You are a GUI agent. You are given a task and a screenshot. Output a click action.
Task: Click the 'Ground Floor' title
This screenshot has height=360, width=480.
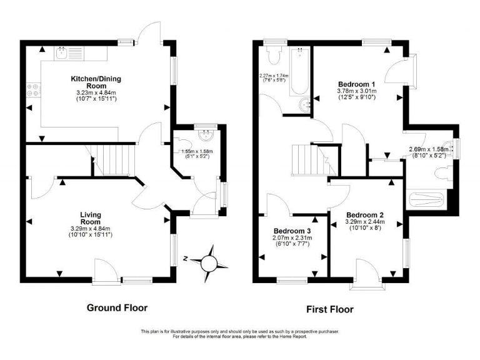pos(117,307)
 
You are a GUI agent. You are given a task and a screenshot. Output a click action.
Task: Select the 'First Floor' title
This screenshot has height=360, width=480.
pos(329,309)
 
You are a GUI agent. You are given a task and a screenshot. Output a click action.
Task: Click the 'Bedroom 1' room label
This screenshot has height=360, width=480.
pos(356,84)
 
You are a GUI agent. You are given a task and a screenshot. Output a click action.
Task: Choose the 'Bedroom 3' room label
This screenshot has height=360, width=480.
pos(292,231)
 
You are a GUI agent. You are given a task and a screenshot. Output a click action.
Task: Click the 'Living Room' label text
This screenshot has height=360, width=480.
pos(91,218)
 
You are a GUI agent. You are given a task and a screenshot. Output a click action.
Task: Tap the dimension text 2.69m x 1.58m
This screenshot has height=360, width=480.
pos(428,149)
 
